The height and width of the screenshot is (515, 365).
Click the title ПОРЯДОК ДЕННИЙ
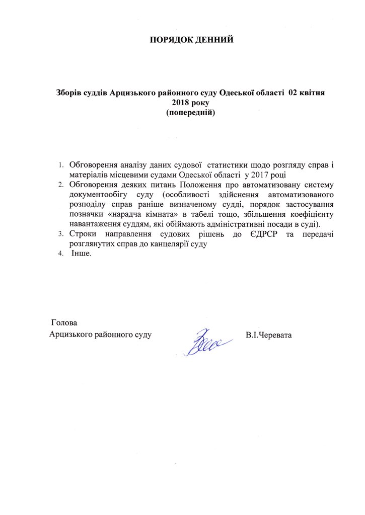[x=192, y=40]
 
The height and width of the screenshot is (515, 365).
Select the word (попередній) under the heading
[x=191, y=113]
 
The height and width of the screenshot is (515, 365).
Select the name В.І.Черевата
[x=269, y=334]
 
